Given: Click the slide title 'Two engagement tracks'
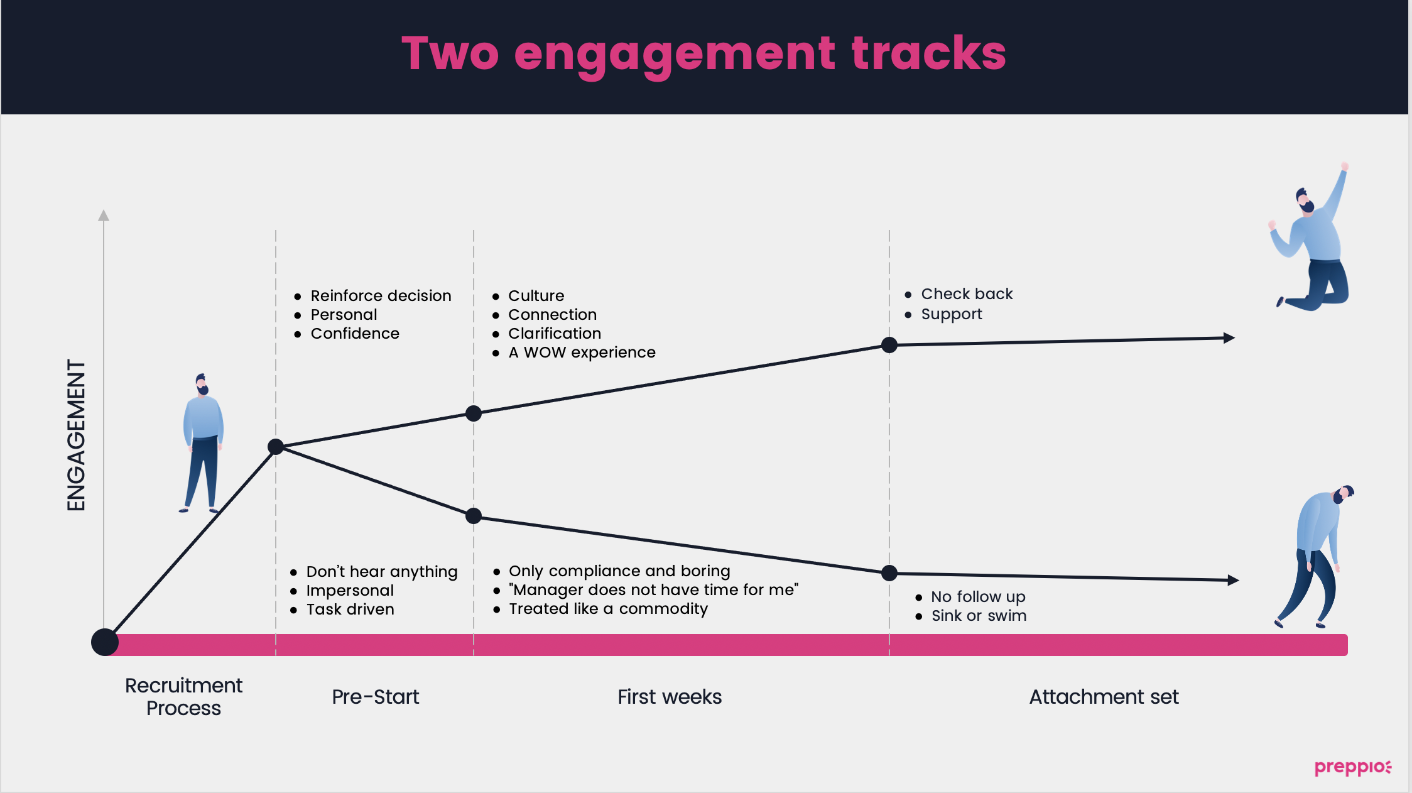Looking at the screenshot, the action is tap(703, 55).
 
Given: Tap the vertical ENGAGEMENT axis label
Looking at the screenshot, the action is tap(76, 435).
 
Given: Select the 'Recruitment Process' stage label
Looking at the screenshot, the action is tap(183, 696).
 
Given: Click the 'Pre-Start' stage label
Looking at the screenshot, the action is tap(376, 696).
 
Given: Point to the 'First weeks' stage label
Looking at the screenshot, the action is tap(670, 696).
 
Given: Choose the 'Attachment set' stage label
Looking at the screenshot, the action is tap(1104, 696).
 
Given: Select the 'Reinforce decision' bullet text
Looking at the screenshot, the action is tap(381, 295).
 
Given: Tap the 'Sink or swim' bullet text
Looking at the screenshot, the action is tap(979, 615).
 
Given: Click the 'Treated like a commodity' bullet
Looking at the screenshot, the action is tap(608, 608).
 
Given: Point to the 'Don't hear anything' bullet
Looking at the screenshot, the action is tap(382, 572).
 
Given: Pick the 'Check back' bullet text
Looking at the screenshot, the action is tap(967, 293).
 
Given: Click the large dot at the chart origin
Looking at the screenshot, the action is tap(105, 642).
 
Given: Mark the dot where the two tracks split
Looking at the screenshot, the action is tap(276, 447).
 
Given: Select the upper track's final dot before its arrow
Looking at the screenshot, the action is tap(889, 344).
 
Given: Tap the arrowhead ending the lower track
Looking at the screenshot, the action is tap(1233, 580).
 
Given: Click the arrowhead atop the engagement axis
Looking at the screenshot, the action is tap(104, 216).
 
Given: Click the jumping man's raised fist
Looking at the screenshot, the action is tap(1344, 167).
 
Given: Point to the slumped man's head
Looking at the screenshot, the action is tap(1343, 495).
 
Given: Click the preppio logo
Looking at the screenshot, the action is tap(1353, 767).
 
